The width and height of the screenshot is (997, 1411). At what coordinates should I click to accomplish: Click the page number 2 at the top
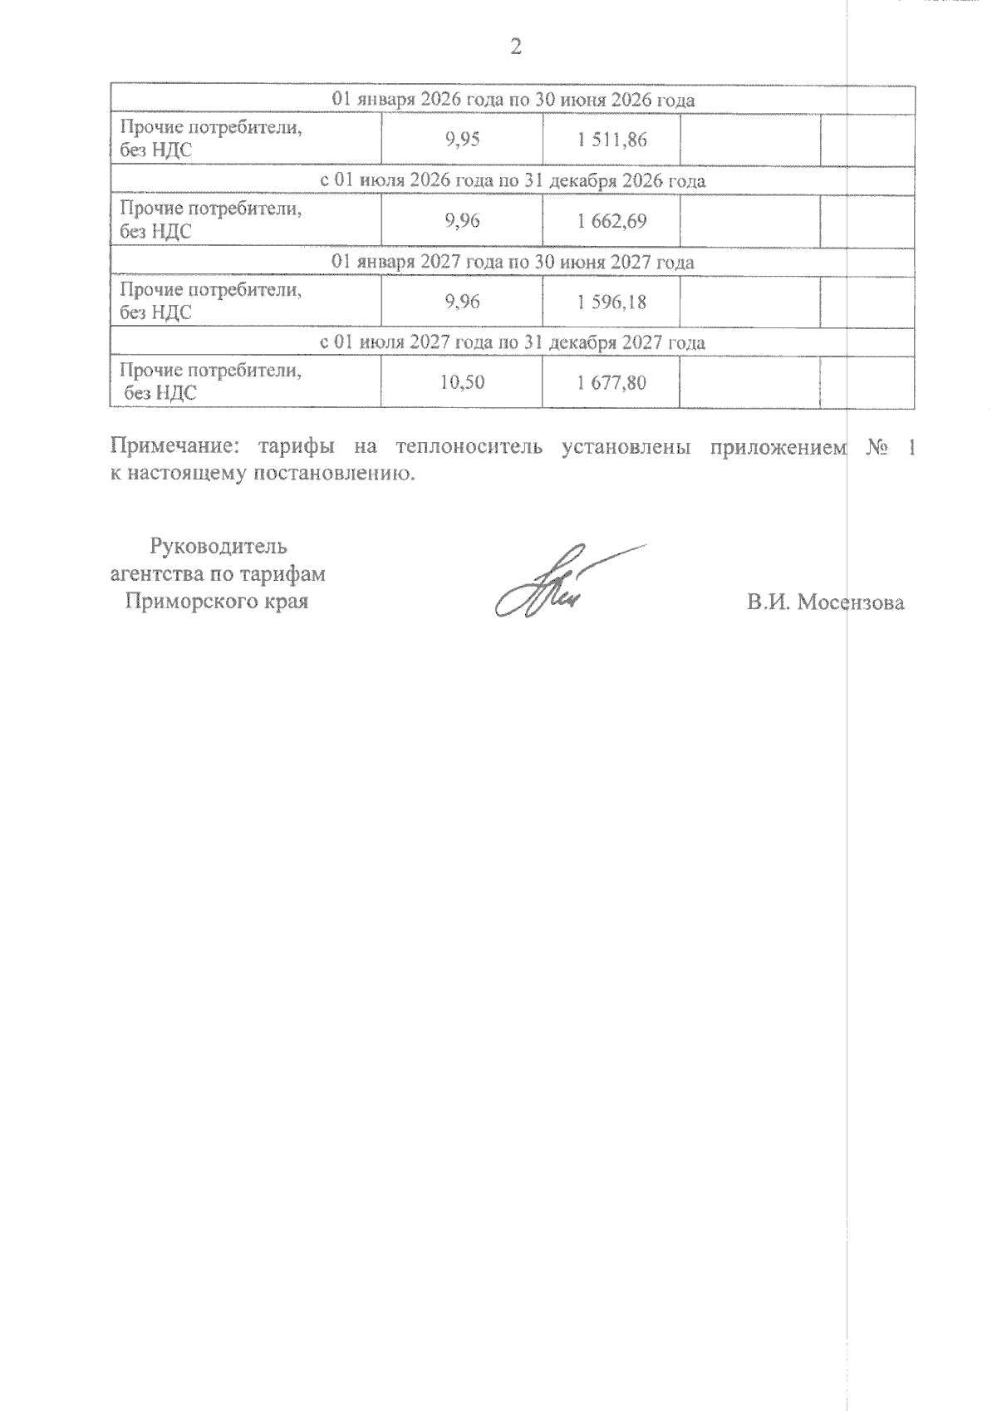click(x=515, y=47)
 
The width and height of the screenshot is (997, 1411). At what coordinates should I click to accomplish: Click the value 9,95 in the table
click(x=463, y=140)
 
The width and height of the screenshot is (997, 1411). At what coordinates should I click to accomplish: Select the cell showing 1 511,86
click(x=611, y=140)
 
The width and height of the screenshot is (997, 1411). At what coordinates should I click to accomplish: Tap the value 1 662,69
click(x=611, y=221)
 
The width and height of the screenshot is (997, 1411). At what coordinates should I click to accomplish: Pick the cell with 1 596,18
click(x=611, y=302)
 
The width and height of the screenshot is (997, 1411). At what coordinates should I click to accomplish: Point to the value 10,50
click(x=463, y=383)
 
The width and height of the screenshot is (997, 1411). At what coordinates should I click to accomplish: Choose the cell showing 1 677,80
click(x=611, y=383)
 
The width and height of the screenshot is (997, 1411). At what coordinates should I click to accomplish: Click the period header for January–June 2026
click(x=513, y=101)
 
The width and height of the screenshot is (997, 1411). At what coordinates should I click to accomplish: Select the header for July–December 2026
click(x=513, y=181)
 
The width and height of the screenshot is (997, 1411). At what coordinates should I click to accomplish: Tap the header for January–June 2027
click(x=513, y=262)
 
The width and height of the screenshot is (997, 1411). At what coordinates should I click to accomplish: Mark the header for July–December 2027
click(x=513, y=342)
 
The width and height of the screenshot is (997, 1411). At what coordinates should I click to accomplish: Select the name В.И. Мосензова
click(x=825, y=603)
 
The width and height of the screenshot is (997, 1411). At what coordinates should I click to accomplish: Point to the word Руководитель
click(x=219, y=547)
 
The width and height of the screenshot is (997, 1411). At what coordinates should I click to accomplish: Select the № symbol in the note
click(x=878, y=447)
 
